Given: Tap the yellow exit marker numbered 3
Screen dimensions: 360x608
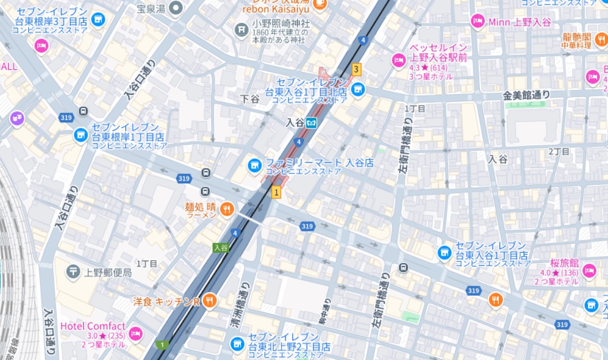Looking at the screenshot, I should [356, 69].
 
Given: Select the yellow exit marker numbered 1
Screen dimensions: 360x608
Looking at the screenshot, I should [276, 192].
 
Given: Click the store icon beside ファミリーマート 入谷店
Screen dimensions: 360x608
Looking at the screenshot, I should [254, 164].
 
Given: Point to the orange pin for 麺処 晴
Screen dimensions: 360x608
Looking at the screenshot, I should [227, 209].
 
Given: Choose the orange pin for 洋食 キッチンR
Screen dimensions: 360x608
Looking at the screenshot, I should [210, 301].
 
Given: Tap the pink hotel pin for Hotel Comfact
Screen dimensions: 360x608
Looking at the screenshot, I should [135, 333].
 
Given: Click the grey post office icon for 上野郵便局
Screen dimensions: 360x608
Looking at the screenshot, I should [73, 271].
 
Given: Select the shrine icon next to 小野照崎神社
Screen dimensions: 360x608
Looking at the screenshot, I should [241, 29].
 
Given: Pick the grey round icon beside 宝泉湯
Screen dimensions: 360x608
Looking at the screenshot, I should [176, 8].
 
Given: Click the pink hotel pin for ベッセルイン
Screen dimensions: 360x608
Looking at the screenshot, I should [398, 59].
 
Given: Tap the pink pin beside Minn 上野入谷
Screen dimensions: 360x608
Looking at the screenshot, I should [477, 22].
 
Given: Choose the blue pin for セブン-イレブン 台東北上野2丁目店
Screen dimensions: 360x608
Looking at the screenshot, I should [237, 344].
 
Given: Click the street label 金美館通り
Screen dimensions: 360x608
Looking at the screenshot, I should [526, 95].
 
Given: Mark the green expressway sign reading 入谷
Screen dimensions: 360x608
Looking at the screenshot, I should [221, 248].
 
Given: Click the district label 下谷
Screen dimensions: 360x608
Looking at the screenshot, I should [250, 99].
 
